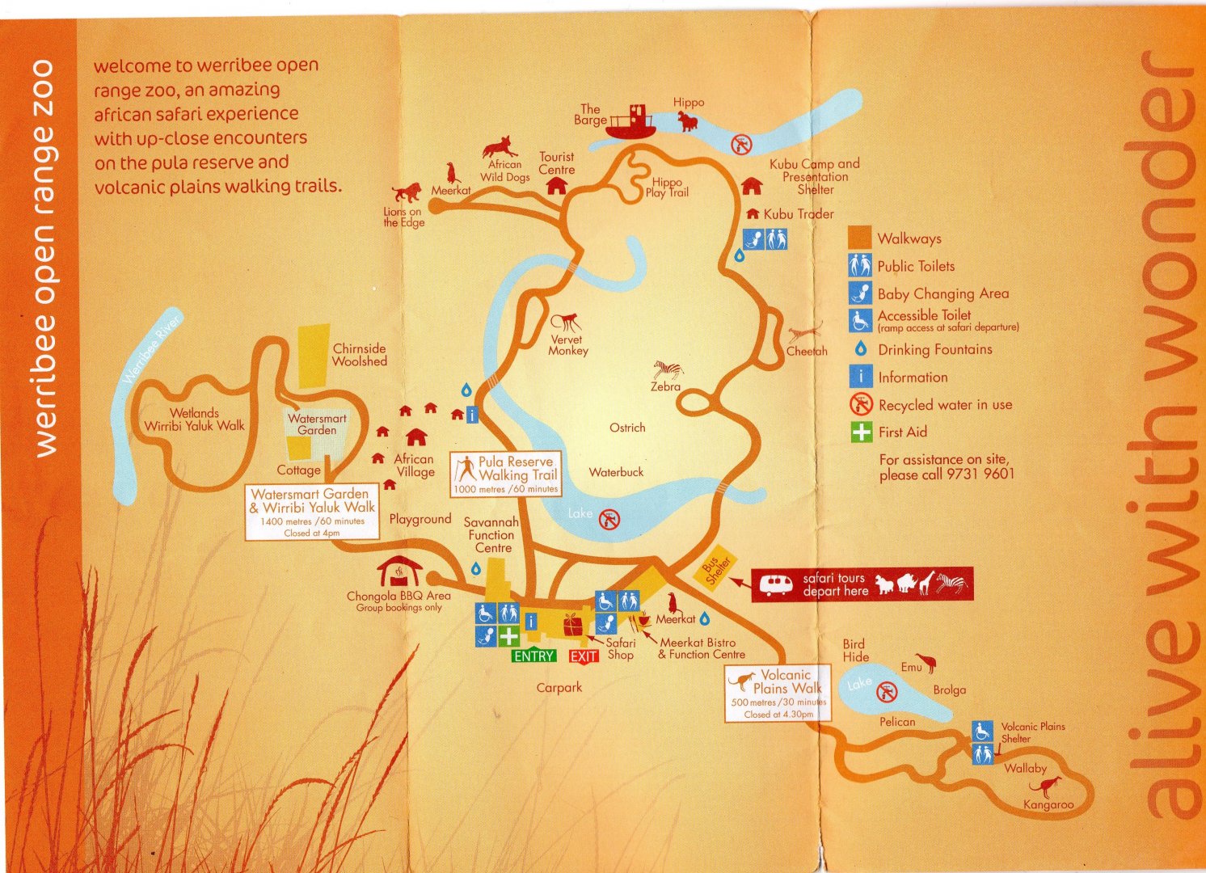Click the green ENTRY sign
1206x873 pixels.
click(533, 656)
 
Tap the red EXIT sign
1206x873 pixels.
click(584, 656)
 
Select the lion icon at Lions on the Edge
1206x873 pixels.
click(407, 192)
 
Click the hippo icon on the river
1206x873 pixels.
click(688, 121)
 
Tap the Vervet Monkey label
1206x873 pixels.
click(568, 345)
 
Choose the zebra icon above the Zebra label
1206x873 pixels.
click(668, 369)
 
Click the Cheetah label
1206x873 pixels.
click(807, 352)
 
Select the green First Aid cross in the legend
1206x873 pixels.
click(862, 432)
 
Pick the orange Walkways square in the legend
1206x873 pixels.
click(860, 238)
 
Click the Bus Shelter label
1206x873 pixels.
click(715, 570)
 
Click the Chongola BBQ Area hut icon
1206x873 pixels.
click(399, 571)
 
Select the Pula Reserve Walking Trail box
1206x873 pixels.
click(506, 474)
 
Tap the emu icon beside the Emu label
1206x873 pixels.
click(929, 664)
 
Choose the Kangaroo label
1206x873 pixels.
click(1048, 804)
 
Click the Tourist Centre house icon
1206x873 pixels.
click(556, 186)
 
